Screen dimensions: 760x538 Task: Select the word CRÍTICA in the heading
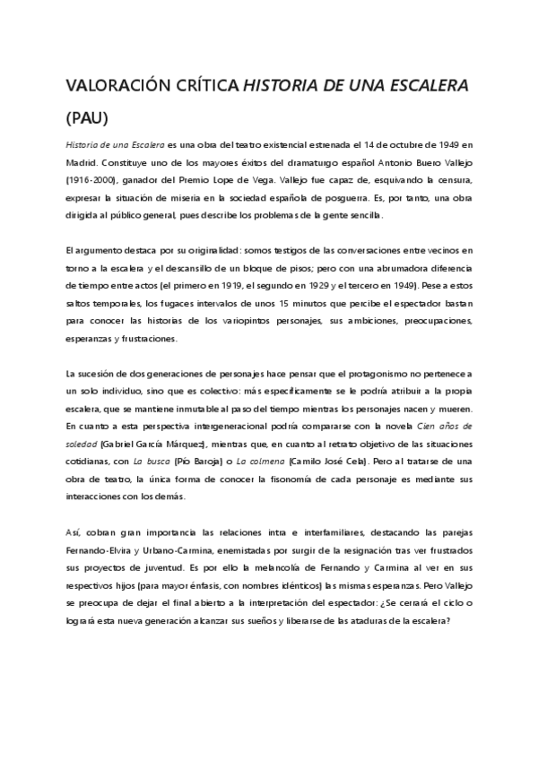coord(208,85)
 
